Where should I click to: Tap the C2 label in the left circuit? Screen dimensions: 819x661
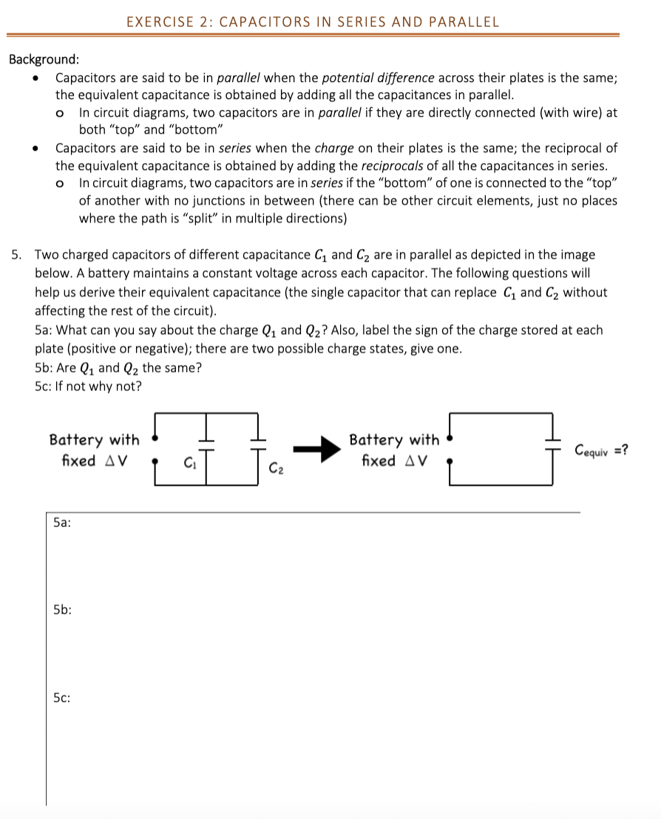coord(275,467)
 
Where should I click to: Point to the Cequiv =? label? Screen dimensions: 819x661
coord(603,449)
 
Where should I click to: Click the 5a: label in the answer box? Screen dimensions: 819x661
coord(62,522)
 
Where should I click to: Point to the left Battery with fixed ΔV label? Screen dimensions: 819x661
coord(93,450)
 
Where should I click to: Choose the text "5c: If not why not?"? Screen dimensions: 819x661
coord(88,386)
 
